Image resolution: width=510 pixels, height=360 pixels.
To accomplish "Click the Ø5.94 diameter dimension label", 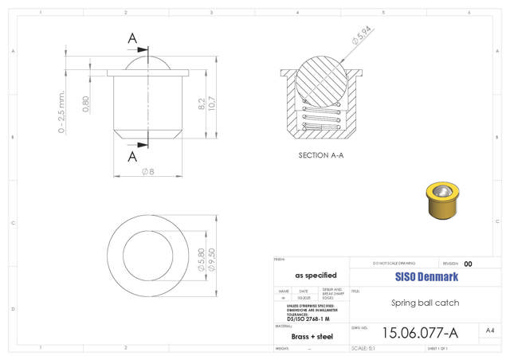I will tap(361, 35).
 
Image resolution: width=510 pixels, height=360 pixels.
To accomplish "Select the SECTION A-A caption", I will tap(320, 155).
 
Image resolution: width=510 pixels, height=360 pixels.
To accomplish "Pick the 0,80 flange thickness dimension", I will tap(85, 104).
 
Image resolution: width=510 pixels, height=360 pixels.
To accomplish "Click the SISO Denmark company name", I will tap(426, 277).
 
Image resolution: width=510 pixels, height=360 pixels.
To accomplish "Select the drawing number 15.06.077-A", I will tap(420, 332).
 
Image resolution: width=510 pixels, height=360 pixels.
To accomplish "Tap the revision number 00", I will tap(468, 264).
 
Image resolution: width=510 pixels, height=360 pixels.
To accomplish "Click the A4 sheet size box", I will tap(490, 330).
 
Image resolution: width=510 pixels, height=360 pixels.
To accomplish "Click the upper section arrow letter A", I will tap(132, 38).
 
